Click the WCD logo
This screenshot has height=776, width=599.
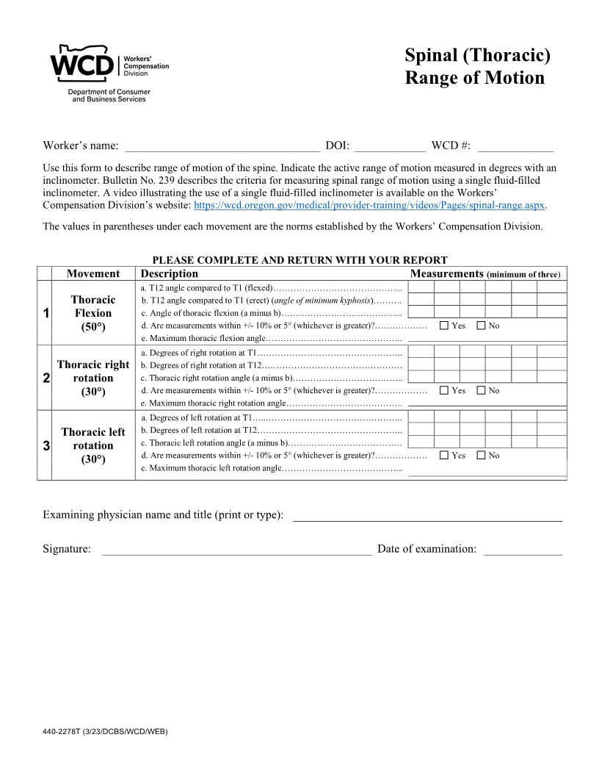(x=82, y=65)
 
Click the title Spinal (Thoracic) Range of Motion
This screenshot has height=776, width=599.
(x=477, y=66)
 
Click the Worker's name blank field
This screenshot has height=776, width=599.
(x=222, y=145)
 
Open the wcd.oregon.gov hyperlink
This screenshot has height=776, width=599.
(x=369, y=205)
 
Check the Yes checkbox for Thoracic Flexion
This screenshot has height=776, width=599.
(x=443, y=326)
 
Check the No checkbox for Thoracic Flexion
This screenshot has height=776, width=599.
(x=481, y=326)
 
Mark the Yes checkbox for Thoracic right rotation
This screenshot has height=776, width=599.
(x=443, y=391)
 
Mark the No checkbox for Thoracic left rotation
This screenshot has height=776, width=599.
(x=481, y=456)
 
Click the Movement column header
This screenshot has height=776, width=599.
(x=93, y=273)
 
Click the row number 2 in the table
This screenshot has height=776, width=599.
(x=46, y=378)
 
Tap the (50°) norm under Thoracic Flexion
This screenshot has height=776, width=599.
(x=93, y=327)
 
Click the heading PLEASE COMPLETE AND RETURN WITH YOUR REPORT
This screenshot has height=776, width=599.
(x=299, y=260)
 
